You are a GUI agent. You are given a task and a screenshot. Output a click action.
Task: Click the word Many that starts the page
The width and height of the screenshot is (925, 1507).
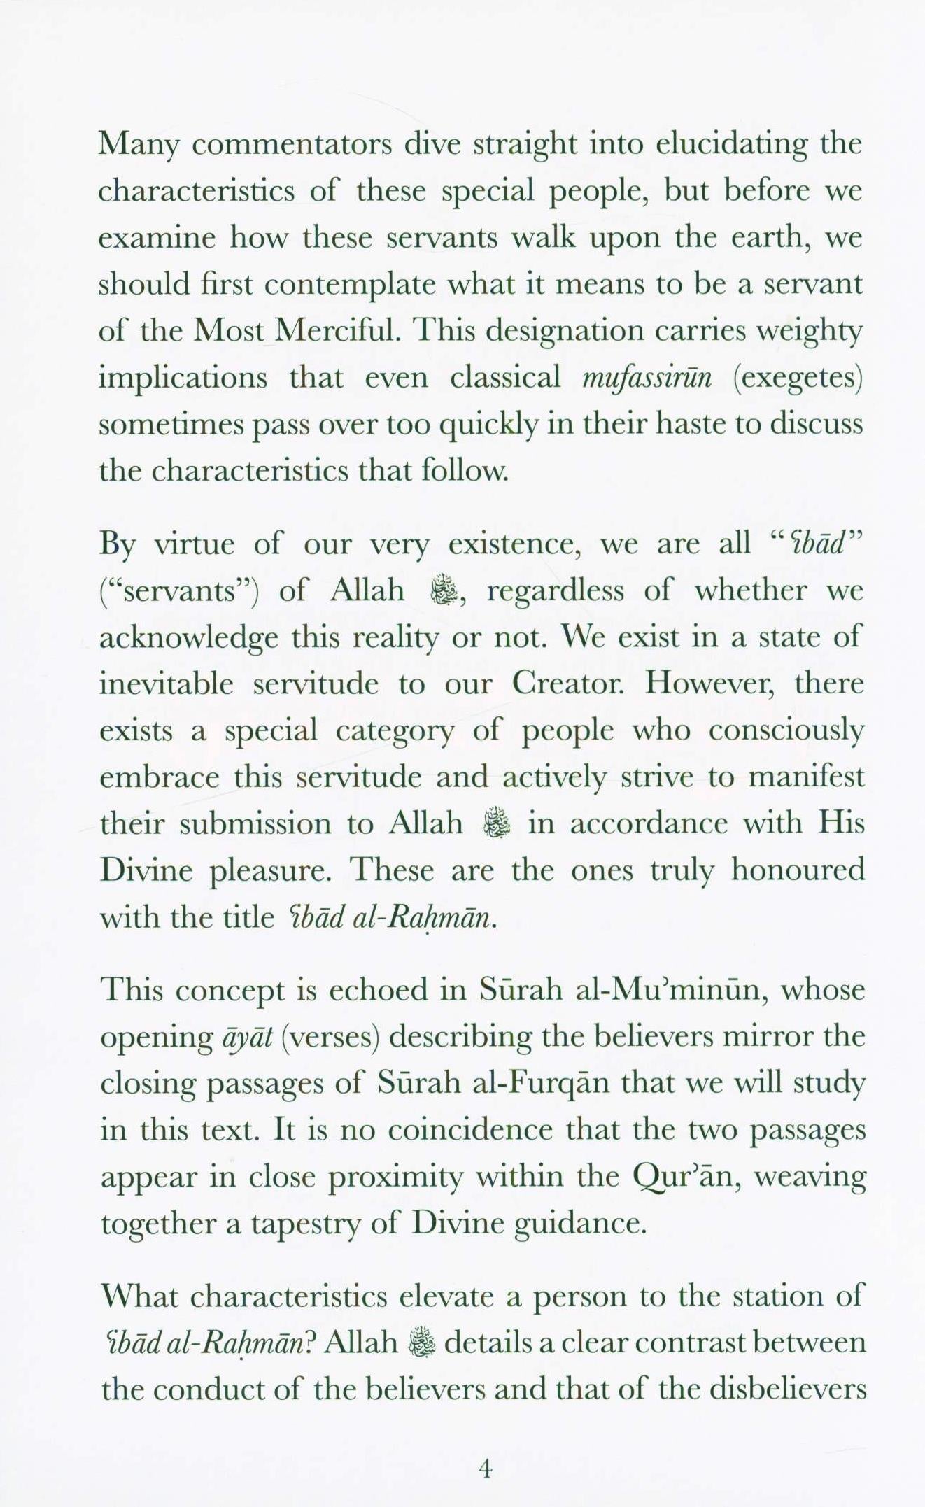tap(139, 146)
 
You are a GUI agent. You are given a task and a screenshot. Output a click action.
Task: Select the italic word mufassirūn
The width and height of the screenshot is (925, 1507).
tap(647, 378)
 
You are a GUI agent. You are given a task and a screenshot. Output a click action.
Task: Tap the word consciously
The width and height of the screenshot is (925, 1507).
tap(786, 730)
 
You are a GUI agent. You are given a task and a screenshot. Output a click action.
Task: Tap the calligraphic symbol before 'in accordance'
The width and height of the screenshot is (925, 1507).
tap(497, 823)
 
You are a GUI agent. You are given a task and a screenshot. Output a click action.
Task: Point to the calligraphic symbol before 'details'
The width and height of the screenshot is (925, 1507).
tap(421, 1343)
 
